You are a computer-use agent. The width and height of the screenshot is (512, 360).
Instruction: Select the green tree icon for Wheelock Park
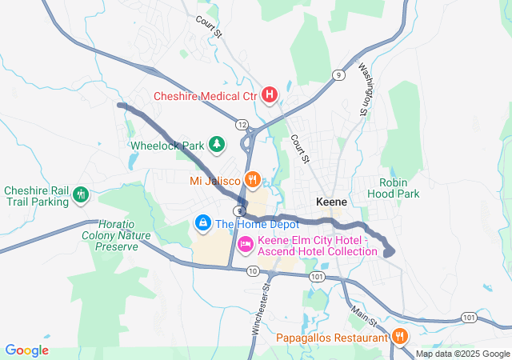click(x=216, y=145)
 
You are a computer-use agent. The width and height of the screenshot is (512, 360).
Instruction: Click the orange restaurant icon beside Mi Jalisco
click(x=253, y=180)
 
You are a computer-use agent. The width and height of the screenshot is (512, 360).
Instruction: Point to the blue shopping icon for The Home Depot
click(x=203, y=222)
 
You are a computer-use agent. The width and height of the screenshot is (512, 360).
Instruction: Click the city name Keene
click(x=331, y=202)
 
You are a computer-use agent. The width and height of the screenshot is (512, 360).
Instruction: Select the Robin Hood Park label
click(x=393, y=188)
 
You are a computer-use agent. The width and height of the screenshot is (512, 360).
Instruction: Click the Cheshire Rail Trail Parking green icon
click(x=80, y=194)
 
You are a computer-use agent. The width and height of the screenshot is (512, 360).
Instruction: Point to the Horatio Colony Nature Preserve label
click(x=110, y=235)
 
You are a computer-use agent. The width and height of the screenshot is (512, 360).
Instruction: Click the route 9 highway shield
click(x=339, y=75)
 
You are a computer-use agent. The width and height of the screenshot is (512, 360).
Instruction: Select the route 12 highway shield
click(x=241, y=124)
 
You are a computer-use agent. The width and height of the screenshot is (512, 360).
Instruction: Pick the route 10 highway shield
click(x=253, y=271)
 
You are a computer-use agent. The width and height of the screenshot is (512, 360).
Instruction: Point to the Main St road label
click(x=365, y=311)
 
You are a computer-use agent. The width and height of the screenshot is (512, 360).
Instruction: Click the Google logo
click(x=27, y=350)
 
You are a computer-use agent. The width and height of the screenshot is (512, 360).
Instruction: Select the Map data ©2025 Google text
click(x=462, y=354)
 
